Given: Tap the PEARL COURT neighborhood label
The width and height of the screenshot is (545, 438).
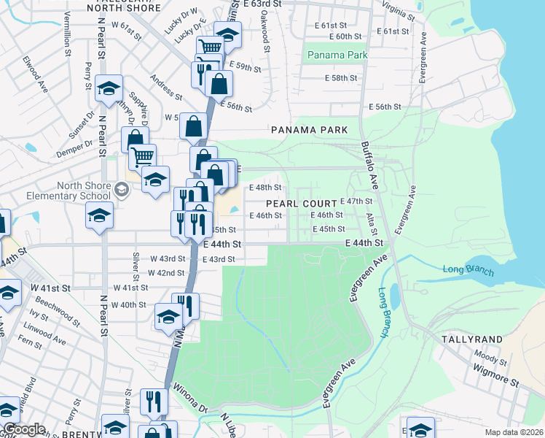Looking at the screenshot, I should pos(301,202).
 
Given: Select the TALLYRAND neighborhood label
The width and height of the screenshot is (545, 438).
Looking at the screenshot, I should pos(472,339).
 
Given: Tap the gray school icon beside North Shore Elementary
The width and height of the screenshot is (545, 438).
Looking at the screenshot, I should pos(121,191).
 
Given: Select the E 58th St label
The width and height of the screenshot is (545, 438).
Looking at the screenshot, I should pos(340,78).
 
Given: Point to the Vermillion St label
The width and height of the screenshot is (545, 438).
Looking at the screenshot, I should pos(66,36).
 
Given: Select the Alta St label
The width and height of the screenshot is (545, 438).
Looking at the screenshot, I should pos(370,218).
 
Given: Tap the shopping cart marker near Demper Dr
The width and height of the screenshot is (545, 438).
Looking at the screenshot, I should pos(142,156).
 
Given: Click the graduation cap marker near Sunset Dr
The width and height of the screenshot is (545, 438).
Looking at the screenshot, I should pos(109,88).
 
